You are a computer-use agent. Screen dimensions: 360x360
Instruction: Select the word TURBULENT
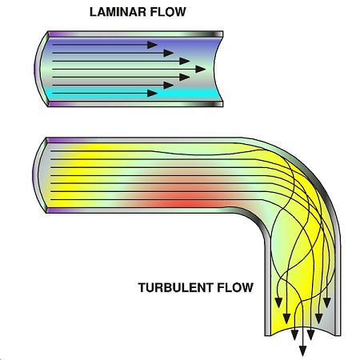(x=176, y=287)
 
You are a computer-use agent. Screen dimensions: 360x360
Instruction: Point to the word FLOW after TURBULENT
(x=235, y=287)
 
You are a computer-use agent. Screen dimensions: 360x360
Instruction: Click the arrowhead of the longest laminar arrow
(x=201, y=69)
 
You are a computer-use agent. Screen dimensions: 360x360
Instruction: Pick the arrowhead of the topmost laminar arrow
(x=153, y=45)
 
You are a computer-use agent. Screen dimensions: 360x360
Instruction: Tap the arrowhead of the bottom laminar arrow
(x=153, y=94)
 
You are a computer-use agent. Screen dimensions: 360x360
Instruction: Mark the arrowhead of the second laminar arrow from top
(x=169, y=53)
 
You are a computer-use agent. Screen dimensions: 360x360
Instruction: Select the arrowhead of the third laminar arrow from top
(x=185, y=61)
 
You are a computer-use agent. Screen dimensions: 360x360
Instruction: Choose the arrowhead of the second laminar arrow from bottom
(x=169, y=86)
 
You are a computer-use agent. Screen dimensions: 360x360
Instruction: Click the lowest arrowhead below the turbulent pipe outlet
(x=302, y=351)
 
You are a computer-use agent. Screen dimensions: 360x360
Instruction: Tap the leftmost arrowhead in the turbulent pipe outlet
(x=278, y=302)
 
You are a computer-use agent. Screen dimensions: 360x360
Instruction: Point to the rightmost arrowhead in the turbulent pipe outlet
(x=327, y=302)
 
